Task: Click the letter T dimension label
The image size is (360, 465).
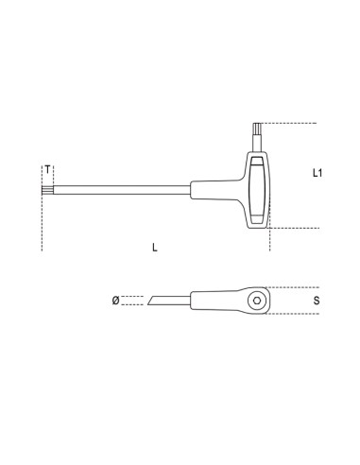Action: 46,170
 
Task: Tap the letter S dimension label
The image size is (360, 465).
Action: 317,301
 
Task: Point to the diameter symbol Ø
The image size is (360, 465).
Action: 115,301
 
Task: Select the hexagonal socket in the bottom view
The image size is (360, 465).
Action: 256,301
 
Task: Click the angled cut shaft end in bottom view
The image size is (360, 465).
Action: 157,301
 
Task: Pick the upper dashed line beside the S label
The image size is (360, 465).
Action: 288,286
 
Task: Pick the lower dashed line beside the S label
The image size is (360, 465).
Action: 288,315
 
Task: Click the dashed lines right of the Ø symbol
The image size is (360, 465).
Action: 135,301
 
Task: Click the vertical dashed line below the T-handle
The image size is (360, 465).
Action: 270,241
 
